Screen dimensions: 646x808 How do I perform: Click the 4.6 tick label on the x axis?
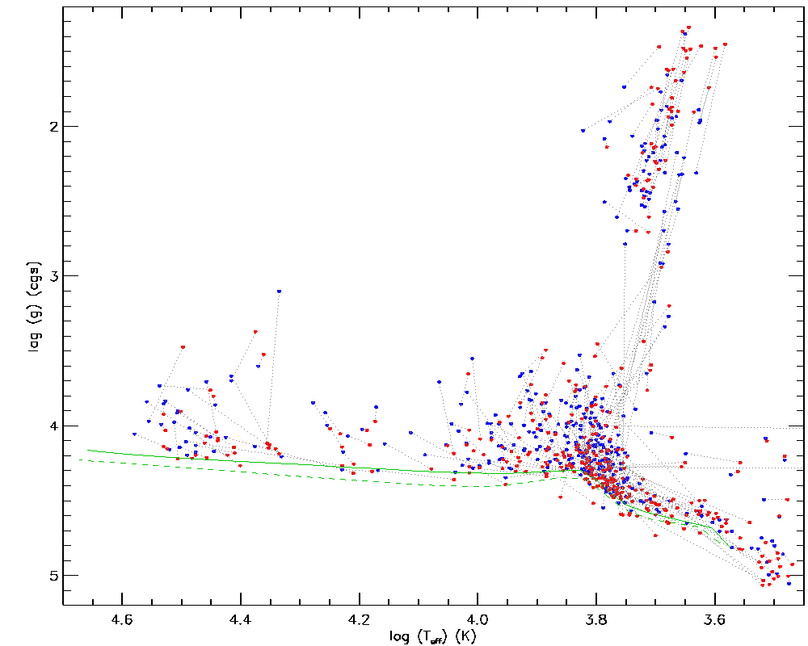122,619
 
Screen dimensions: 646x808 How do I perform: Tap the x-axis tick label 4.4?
241,619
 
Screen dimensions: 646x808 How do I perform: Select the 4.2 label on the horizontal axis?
360,619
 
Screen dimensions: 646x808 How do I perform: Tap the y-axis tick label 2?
51,127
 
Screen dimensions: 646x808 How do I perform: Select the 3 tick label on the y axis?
51,276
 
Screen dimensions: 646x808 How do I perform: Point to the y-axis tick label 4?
51,426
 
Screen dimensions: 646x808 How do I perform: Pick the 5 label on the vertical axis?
51,575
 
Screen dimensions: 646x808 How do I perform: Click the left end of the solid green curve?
88,450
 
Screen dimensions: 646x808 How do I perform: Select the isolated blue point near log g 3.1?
279,292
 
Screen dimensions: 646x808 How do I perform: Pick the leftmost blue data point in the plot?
134,434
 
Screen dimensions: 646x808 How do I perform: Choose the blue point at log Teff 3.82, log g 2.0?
583,130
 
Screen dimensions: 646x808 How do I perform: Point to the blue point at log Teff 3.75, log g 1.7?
624,87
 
